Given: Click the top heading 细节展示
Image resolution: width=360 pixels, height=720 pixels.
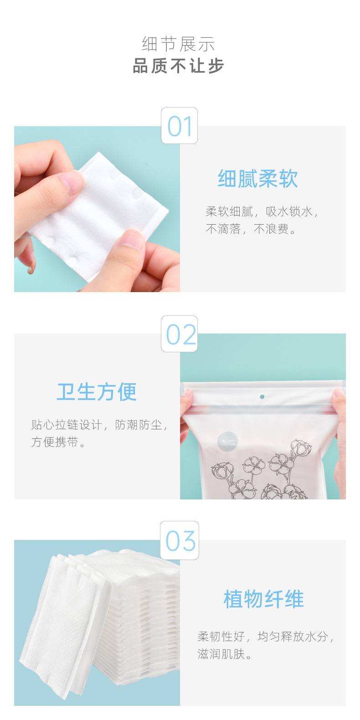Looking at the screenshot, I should click(178, 44).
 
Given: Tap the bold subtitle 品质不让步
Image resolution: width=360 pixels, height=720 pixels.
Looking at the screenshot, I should click(178, 67).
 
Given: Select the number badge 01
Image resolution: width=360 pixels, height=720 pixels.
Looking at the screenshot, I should click(180, 126).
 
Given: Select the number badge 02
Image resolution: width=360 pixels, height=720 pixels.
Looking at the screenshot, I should click(180, 334).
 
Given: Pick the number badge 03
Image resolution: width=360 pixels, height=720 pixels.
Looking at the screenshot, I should click(180, 540).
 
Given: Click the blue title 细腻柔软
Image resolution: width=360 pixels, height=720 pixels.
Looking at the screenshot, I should click(257, 179).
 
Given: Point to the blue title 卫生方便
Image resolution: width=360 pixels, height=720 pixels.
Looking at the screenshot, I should click(97, 392).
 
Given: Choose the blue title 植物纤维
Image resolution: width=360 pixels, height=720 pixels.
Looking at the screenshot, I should click(263, 599).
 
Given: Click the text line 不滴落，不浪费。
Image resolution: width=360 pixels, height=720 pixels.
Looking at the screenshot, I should click(251, 229).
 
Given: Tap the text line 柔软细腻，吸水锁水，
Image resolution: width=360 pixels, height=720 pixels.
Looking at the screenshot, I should click(262, 211).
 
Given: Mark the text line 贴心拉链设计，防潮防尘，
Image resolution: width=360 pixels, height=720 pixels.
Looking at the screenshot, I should click(99, 425).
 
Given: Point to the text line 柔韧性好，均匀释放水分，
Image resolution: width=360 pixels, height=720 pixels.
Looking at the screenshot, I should click(266, 637).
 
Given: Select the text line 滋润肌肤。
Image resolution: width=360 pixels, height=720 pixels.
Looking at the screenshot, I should click(225, 654).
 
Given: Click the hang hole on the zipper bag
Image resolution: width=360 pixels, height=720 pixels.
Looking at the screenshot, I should click(262, 397).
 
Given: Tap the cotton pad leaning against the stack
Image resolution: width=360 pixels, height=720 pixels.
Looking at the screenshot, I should click(64, 624).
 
